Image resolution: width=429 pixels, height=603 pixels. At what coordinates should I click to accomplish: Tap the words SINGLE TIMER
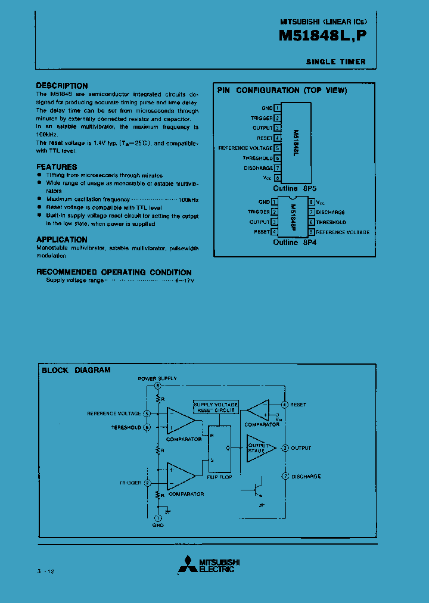coord(335,62)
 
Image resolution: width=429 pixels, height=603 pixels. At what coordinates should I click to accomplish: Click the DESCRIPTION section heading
coord(62,86)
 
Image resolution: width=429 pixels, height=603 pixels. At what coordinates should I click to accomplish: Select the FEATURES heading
coord(57,167)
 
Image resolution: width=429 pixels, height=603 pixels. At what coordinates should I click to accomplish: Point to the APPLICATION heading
coord(62,240)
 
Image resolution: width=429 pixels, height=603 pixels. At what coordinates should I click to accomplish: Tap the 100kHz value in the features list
coord(189,199)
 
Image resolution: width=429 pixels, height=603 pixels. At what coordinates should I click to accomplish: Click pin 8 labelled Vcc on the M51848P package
coord(312,202)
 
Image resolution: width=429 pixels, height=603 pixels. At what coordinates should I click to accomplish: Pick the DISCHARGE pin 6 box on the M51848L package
coord(278,168)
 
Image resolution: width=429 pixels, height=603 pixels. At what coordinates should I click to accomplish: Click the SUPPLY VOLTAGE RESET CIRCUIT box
coord(216,408)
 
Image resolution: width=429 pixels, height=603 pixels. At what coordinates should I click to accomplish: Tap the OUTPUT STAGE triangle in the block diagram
coord(260,448)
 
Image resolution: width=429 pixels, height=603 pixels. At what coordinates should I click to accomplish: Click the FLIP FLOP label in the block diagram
coord(219,477)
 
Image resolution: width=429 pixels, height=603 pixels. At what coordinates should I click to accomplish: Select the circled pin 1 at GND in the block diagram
coord(158,517)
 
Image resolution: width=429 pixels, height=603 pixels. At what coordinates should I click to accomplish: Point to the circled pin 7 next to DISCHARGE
coord(285,477)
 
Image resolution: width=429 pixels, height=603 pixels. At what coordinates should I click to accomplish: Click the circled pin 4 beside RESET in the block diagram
coord(285,405)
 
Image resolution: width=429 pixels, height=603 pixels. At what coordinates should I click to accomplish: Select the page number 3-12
coord(45,571)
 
